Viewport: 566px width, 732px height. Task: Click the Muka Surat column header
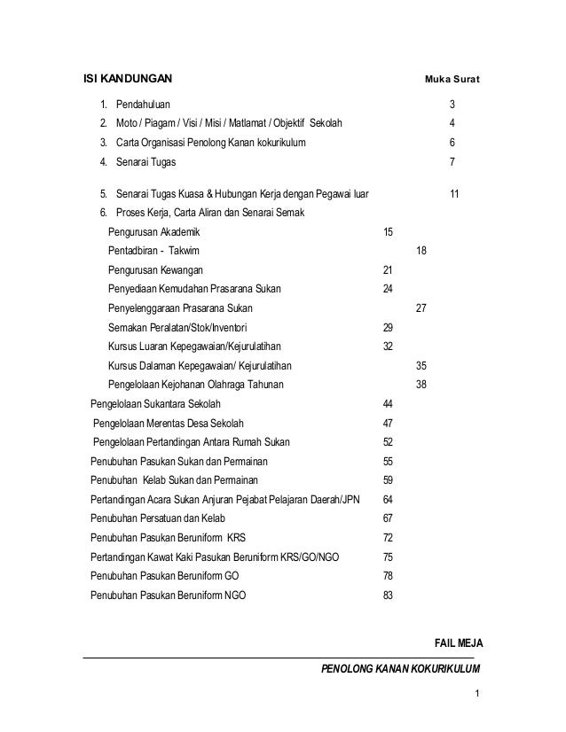[x=452, y=82]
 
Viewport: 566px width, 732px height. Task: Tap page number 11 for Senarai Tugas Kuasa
[x=453, y=192]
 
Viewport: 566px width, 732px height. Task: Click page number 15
[x=387, y=231]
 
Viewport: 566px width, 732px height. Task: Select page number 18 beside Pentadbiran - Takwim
[x=421, y=251]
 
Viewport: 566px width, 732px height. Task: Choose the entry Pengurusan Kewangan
[x=155, y=269]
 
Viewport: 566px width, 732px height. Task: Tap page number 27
[x=421, y=308]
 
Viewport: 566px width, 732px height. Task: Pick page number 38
[x=421, y=385]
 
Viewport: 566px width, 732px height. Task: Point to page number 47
[x=387, y=424]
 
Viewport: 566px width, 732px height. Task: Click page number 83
[x=387, y=596]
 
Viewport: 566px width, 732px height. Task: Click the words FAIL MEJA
[x=455, y=642]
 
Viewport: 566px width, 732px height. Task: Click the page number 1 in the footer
[x=476, y=694]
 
